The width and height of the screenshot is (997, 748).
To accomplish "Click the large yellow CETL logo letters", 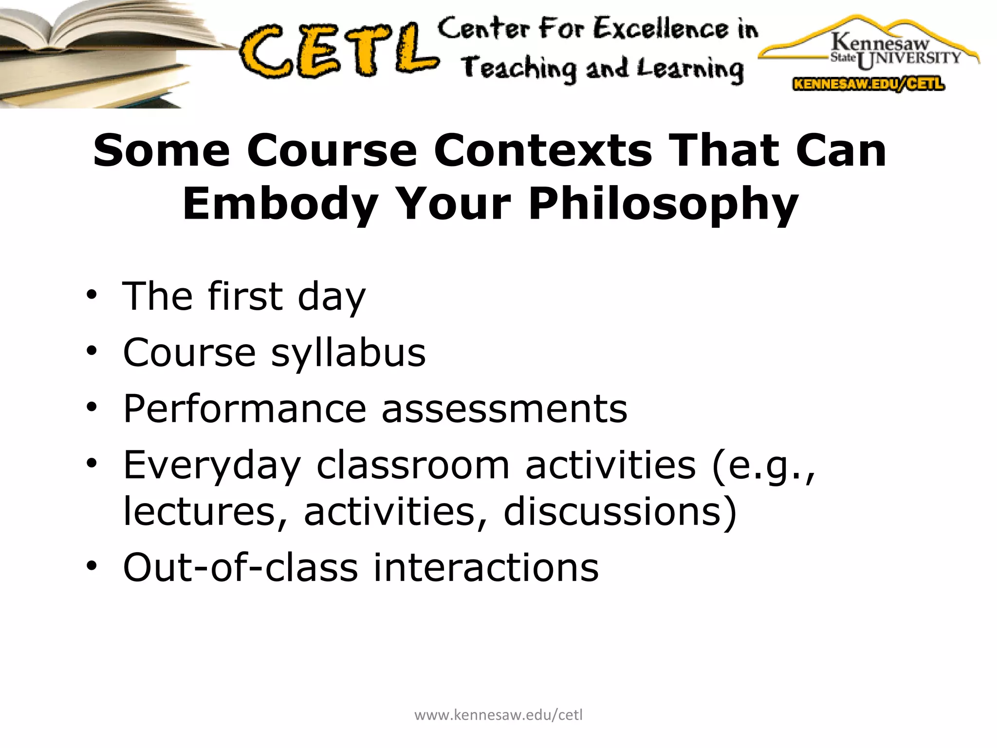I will pos(338,51).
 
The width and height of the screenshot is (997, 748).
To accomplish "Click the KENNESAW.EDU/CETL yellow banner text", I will pos(869,84).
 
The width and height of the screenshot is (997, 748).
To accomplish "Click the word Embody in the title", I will pos(280,204).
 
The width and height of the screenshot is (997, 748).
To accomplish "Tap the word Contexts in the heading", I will pos(543,150).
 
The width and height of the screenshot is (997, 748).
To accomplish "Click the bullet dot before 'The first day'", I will pos(91,295).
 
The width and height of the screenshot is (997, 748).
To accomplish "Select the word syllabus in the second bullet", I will pos(348,352).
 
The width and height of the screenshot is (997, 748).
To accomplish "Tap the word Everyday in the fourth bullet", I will pos(212,465).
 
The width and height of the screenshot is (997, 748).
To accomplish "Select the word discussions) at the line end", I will pos(620,511).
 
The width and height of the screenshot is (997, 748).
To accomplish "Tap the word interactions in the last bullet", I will pos(485,567).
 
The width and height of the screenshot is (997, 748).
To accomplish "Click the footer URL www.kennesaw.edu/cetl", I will pos(498,715).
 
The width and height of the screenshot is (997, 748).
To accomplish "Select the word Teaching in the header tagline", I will pos(518,68).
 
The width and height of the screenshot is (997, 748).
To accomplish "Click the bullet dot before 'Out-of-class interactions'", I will pos(91,566).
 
